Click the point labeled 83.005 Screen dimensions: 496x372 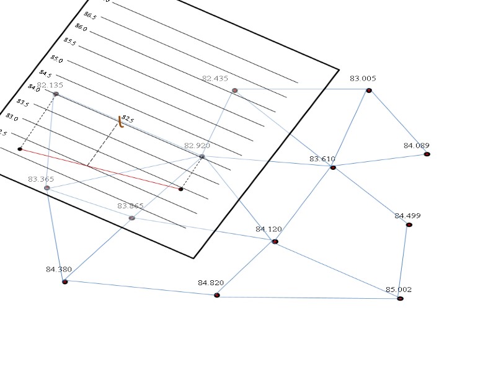(x=369, y=91)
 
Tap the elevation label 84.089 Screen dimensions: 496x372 (x=416, y=146)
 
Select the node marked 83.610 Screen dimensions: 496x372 (x=333, y=167)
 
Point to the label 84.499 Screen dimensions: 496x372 (x=407, y=216)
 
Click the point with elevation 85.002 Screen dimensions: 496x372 (x=400, y=298)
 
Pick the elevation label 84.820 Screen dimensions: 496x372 (x=211, y=283)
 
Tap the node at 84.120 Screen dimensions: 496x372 (x=275, y=241)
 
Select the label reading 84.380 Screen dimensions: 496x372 (x=59, y=270)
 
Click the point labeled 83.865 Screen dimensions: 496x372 (x=131, y=218)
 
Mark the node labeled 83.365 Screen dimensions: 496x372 (x=47, y=187)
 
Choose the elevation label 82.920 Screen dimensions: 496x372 (x=197, y=146)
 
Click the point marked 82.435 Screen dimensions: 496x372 (x=235, y=91)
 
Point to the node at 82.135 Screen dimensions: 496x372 (x=56, y=94)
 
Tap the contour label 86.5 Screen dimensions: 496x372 (x=90, y=15)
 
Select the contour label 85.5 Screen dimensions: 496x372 (x=70, y=42)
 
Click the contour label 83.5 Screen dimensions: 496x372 (x=22, y=102)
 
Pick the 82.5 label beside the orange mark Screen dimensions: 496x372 (x=128, y=118)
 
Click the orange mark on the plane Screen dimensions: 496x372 (x=121, y=123)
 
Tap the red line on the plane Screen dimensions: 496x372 (x=99, y=168)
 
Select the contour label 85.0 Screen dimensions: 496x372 (x=56, y=59)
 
